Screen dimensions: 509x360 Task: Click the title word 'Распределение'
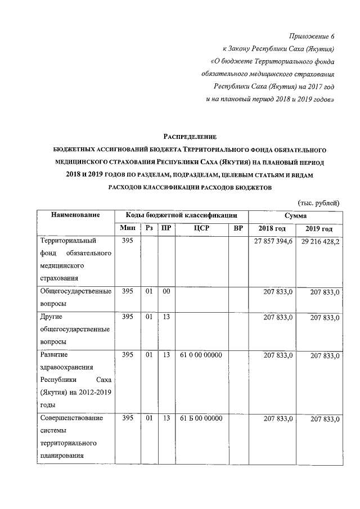[189, 137]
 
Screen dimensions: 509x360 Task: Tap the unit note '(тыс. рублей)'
[318, 203]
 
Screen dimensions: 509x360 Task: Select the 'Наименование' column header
[75, 215]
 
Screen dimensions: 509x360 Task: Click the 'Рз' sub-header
[149, 228]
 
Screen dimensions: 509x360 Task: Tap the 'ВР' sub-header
[238, 228]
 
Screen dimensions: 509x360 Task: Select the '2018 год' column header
[272, 229]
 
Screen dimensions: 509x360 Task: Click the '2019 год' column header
[319, 229]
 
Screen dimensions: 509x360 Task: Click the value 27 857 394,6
[272, 241]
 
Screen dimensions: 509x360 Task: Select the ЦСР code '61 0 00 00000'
[201, 355]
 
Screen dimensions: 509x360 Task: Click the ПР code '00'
[166, 292]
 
